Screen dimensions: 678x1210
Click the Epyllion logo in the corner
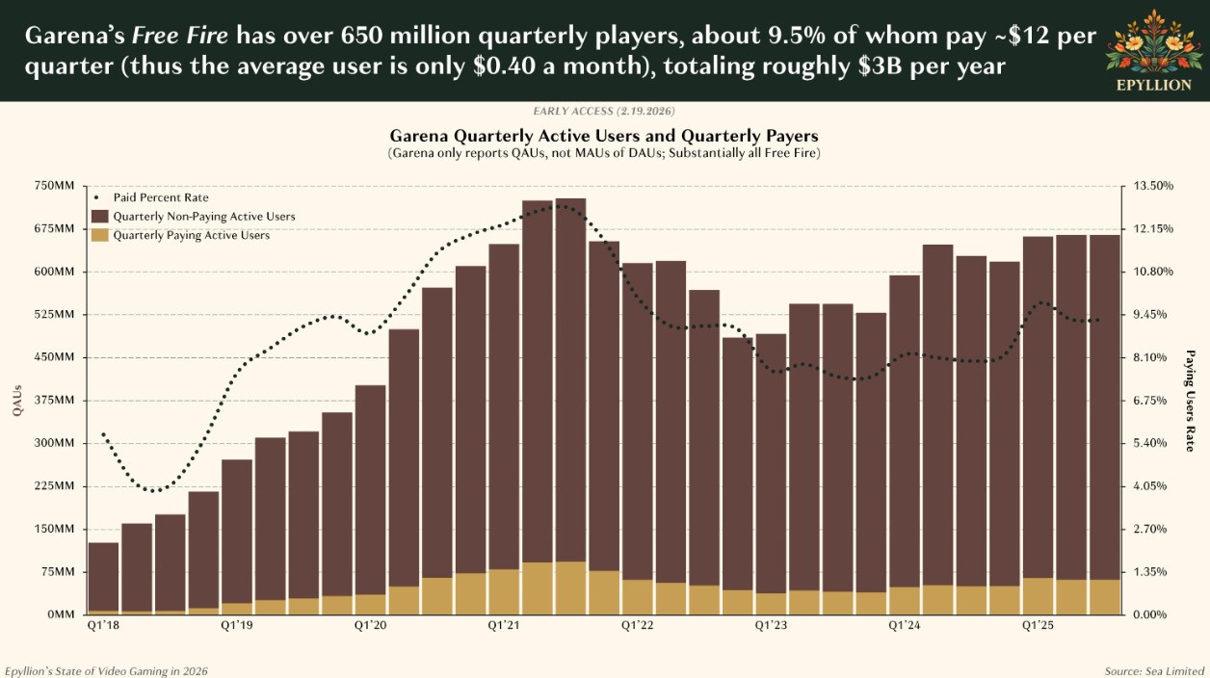[x=1152, y=50]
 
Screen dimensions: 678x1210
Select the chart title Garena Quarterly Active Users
[x=604, y=136]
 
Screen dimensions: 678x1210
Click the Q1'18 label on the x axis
[x=102, y=625]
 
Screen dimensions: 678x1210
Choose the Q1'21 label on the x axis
[x=504, y=625]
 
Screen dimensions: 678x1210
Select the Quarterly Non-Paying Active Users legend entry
[x=203, y=217]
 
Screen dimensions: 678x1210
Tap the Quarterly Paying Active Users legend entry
[x=191, y=235]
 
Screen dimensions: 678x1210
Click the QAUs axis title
[x=17, y=400]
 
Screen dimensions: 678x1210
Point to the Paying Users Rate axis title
[x=1191, y=400]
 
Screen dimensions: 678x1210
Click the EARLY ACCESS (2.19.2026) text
[x=604, y=112]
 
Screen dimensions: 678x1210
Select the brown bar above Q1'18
[x=103, y=576]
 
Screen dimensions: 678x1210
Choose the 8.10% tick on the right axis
[x=1151, y=357]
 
